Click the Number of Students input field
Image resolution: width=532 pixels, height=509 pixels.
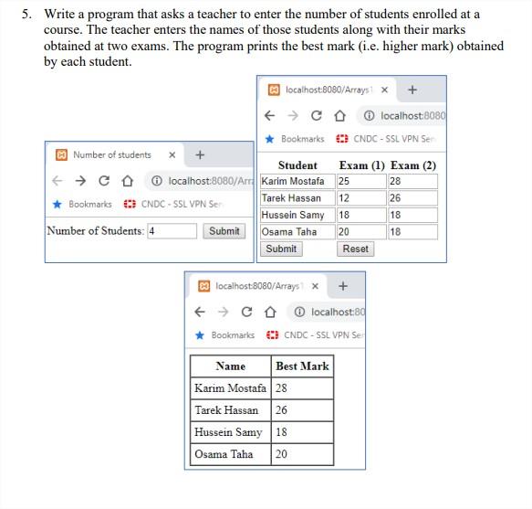(x=172, y=231)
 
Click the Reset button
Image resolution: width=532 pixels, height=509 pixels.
(x=356, y=249)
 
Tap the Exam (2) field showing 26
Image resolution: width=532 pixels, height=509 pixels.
(x=412, y=198)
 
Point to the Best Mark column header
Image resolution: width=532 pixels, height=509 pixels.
(x=302, y=366)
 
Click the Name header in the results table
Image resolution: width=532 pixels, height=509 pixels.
(x=230, y=366)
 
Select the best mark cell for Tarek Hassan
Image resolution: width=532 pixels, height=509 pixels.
(x=302, y=410)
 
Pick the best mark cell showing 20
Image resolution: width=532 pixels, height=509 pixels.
(x=302, y=454)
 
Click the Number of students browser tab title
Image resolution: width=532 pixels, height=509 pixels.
(x=112, y=155)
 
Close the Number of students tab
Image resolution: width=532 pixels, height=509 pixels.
(x=172, y=155)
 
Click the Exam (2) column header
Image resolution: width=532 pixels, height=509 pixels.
(x=412, y=165)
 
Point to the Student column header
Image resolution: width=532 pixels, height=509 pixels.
(x=297, y=165)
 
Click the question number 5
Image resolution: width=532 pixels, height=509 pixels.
(x=27, y=15)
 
